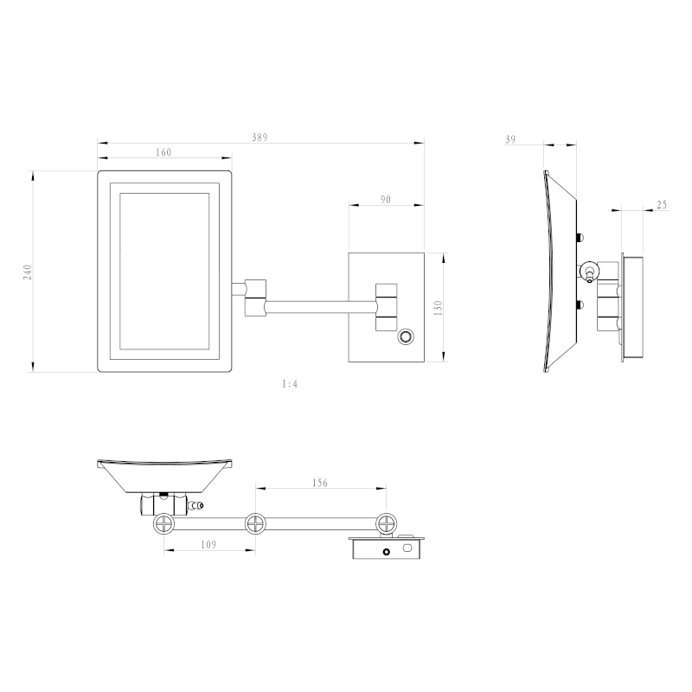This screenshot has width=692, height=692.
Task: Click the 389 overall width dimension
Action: (x=259, y=137)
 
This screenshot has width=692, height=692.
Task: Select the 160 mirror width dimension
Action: (x=163, y=152)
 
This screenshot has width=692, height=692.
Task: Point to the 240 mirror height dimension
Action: (x=28, y=272)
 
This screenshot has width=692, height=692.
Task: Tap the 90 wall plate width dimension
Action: (x=386, y=200)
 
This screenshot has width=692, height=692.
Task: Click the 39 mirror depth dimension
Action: (x=510, y=139)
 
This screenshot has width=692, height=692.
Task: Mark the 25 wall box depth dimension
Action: (x=662, y=204)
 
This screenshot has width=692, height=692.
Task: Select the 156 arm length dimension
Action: (x=318, y=484)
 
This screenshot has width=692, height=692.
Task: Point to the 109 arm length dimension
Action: (x=208, y=546)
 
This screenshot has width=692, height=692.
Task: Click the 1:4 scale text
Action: (x=289, y=383)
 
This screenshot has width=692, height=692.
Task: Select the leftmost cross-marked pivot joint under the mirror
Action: (x=163, y=523)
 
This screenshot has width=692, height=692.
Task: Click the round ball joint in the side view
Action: (x=589, y=271)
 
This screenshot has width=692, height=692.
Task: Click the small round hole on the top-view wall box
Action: (x=386, y=550)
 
